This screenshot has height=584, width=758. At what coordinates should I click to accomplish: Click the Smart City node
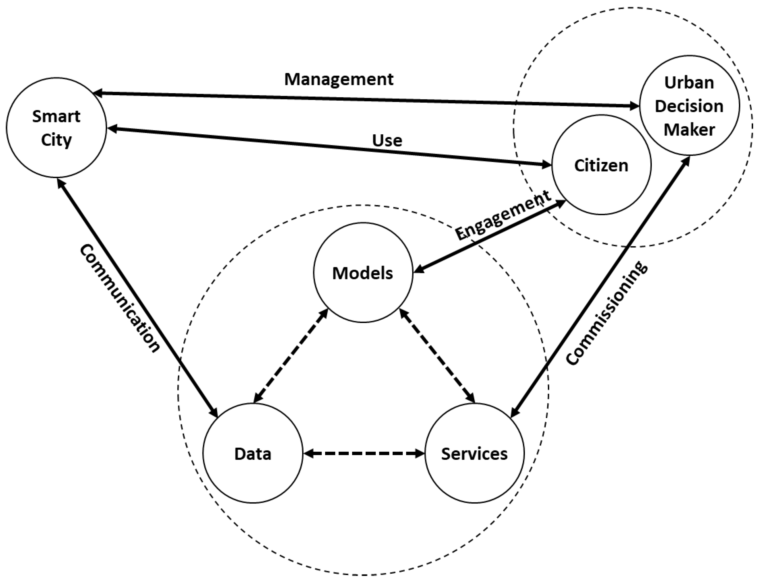pyautogui.click(x=56, y=128)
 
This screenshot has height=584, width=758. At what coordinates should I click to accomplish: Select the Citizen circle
pyautogui.click(x=601, y=165)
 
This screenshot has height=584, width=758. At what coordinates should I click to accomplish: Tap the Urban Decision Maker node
pyautogui.click(x=689, y=106)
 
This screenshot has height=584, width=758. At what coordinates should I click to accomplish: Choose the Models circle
pyautogui.click(x=363, y=273)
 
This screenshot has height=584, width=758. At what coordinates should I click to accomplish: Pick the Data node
pyautogui.click(x=253, y=453)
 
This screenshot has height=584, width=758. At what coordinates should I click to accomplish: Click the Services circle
pyautogui.click(x=475, y=453)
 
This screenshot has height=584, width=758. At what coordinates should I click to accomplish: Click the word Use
pyautogui.click(x=387, y=141)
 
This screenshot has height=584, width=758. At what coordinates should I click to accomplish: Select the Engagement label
pyautogui.click(x=503, y=215)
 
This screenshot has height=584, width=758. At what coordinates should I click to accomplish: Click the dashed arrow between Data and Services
pyautogui.click(x=364, y=453)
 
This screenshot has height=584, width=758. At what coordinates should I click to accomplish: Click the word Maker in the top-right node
pyautogui.click(x=689, y=129)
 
